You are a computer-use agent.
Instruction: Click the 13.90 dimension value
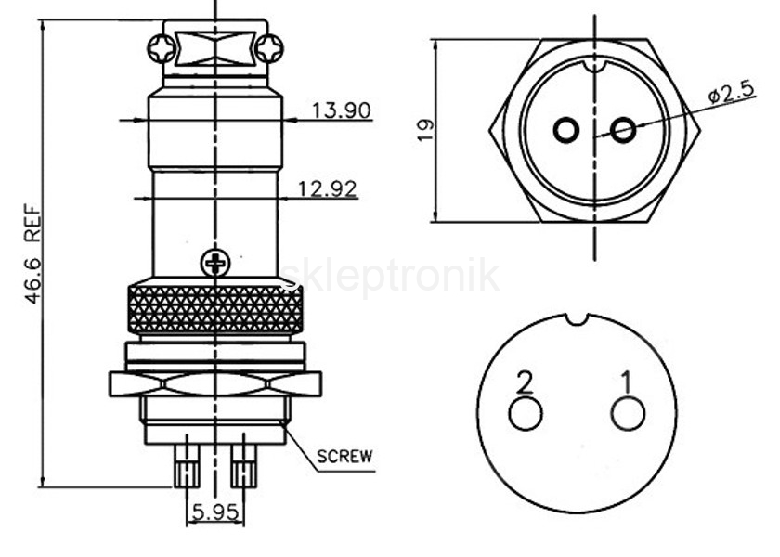click(342, 110)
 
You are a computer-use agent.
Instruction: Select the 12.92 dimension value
click(327, 189)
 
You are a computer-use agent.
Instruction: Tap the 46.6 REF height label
click(32, 253)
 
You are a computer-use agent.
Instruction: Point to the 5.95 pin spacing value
click(215, 512)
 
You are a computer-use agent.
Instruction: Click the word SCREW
click(344, 456)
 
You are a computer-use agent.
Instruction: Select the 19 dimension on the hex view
click(425, 130)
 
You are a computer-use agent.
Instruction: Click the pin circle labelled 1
click(629, 414)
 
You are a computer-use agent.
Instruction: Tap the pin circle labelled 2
click(526, 414)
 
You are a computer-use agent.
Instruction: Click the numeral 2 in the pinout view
click(526, 382)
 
